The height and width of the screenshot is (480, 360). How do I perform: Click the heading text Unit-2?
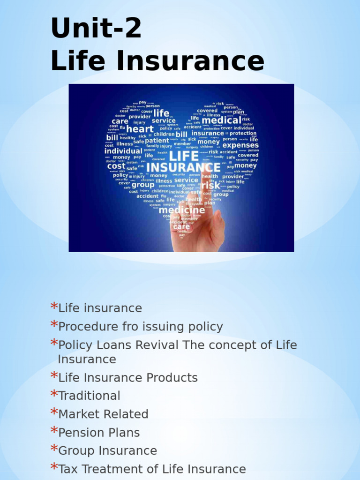tap(96, 29)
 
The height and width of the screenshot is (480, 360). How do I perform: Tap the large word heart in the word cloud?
tap(140, 129)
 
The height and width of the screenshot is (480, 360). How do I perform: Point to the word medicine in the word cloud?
tap(182, 210)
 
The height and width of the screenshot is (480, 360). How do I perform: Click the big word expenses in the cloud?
tap(240, 145)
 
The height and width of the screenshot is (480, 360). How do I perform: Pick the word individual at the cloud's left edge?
tap(123, 151)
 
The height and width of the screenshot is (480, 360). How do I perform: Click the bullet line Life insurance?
tap(100, 308)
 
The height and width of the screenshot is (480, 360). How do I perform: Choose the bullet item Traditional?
tap(89, 396)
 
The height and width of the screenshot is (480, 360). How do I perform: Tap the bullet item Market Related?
tap(103, 414)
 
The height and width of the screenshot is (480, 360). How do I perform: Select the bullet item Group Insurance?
tap(107, 450)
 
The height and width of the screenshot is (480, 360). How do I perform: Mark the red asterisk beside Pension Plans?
tap(54, 430)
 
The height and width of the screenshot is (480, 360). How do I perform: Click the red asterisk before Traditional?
tap(54, 394)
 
